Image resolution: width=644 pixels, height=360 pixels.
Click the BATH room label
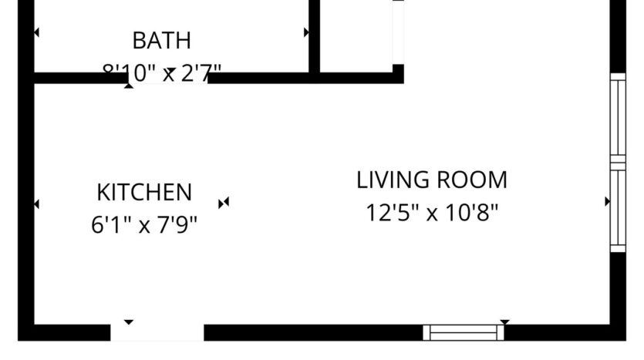pyautogui.click(x=161, y=39)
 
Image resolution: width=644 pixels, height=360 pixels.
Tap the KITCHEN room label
pyautogui.click(x=144, y=192)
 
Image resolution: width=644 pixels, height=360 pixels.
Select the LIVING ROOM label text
pyautogui.click(x=432, y=180)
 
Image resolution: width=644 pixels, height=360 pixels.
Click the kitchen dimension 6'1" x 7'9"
pyautogui.click(x=144, y=225)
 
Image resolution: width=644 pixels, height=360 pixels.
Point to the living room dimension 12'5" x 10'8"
pyautogui.click(x=432, y=212)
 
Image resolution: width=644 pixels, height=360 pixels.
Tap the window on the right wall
pyautogui.click(x=618, y=162)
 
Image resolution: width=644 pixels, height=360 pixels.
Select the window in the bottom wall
pyautogui.click(x=463, y=333)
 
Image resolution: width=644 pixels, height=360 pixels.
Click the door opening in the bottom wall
pyautogui.click(x=157, y=333)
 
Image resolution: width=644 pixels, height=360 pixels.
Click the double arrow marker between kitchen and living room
pyautogui.click(x=224, y=203)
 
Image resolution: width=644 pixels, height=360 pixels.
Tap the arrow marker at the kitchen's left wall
pyautogui.click(x=36, y=204)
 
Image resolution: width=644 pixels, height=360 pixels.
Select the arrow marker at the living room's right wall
pyautogui.click(x=607, y=201)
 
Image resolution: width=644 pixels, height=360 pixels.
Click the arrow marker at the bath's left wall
pyautogui.click(x=36, y=32)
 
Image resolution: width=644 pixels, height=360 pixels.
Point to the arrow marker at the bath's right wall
pyautogui.click(x=306, y=32)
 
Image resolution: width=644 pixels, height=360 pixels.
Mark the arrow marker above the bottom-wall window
pyautogui.click(x=505, y=322)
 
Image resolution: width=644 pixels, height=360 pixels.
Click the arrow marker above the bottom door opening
pyautogui.click(x=129, y=322)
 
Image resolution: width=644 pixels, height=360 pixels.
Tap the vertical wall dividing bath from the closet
pyautogui.click(x=314, y=35)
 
